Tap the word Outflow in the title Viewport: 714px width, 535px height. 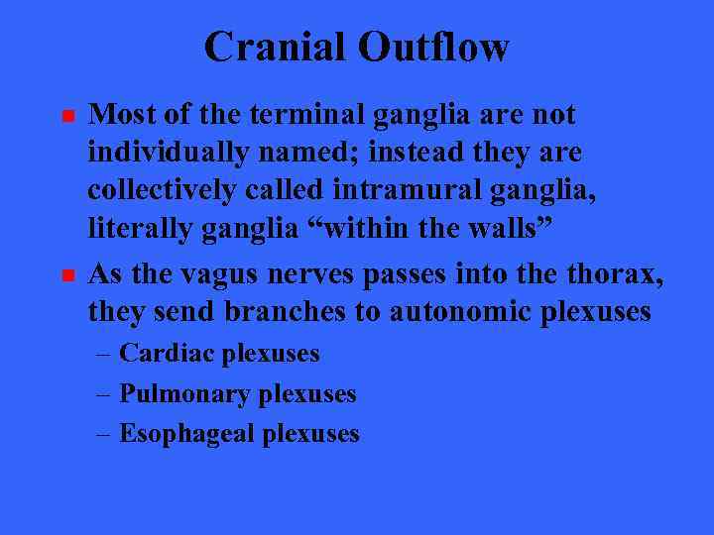pos(434,46)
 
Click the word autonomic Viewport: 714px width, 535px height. pos(466,311)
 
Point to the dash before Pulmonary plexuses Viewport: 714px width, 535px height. pos(104,394)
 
